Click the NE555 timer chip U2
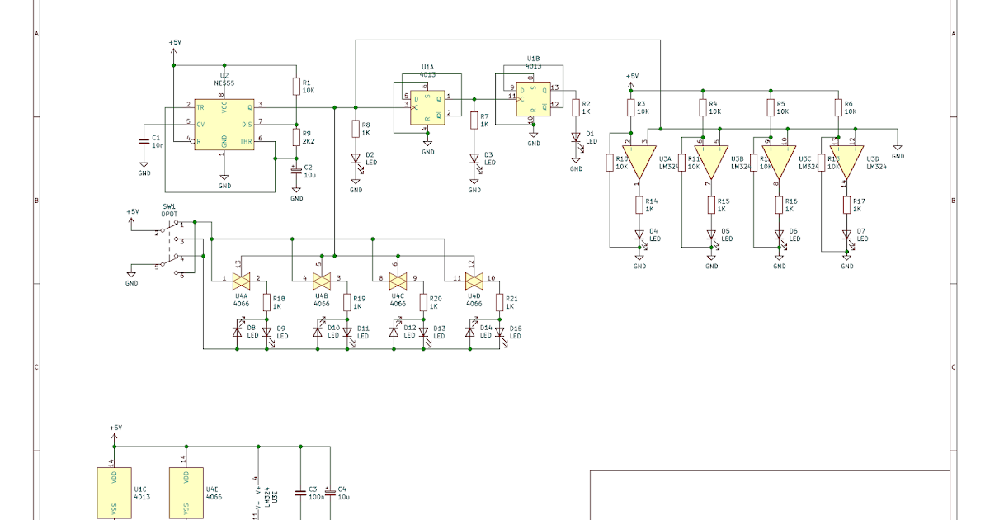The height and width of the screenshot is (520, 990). point(224,124)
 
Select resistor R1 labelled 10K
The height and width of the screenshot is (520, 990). point(296,87)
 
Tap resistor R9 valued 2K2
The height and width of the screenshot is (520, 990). point(296,137)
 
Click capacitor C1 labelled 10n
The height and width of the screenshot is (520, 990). point(144,141)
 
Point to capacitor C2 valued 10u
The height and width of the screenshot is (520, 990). point(296,172)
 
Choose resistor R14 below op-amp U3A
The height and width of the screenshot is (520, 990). point(639,206)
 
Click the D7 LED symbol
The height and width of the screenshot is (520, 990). point(846,235)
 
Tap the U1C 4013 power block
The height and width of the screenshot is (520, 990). point(114,493)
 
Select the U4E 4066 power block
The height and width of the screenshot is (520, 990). point(186,493)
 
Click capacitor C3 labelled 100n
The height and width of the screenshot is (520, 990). point(299,493)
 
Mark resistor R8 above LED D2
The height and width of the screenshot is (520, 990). point(356,130)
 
